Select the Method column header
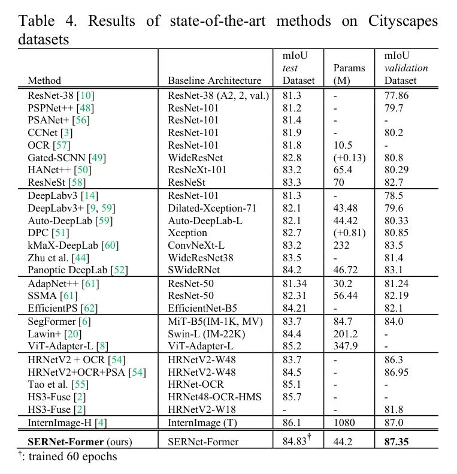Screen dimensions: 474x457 tap(44, 80)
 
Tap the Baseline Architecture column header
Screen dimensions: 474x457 tap(214, 80)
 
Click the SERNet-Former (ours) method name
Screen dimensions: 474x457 tap(81, 442)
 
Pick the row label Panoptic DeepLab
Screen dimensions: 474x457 tap(69, 270)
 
